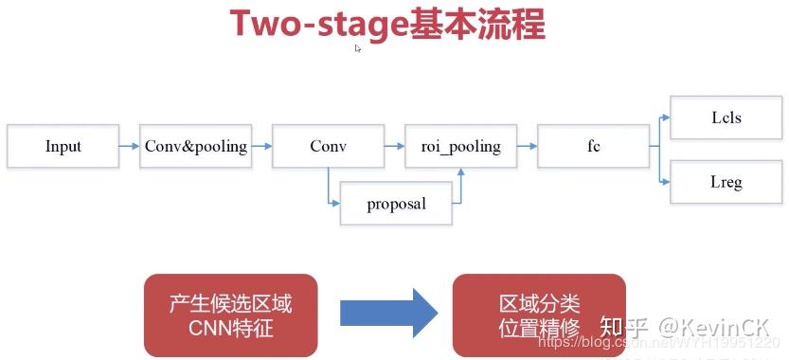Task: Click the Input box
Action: pyautogui.click(x=63, y=146)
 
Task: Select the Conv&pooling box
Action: pyautogui.click(x=196, y=146)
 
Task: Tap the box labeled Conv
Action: pyautogui.click(x=328, y=146)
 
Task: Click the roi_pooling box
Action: pyautogui.click(x=460, y=146)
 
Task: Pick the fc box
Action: pyautogui.click(x=593, y=146)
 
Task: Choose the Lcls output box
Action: pyautogui.click(x=726, y=117)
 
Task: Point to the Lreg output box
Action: pyautogui.click(x=726, y=182)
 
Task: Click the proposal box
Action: pyautogui.click(x=396, y=203)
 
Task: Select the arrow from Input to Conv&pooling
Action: pyautogui.click(x=130, y=146)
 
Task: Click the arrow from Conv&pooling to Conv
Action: pyautogui.click(x=262, y=146)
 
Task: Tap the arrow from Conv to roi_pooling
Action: pyautogui.click(x=394, y=146)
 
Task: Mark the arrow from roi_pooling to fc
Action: pyautogui.click(x=527, y=146)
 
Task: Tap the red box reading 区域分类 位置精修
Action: pyautogui.click(x=539, y=315)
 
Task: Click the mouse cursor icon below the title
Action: pyautogui.click(x=358, y=48)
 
